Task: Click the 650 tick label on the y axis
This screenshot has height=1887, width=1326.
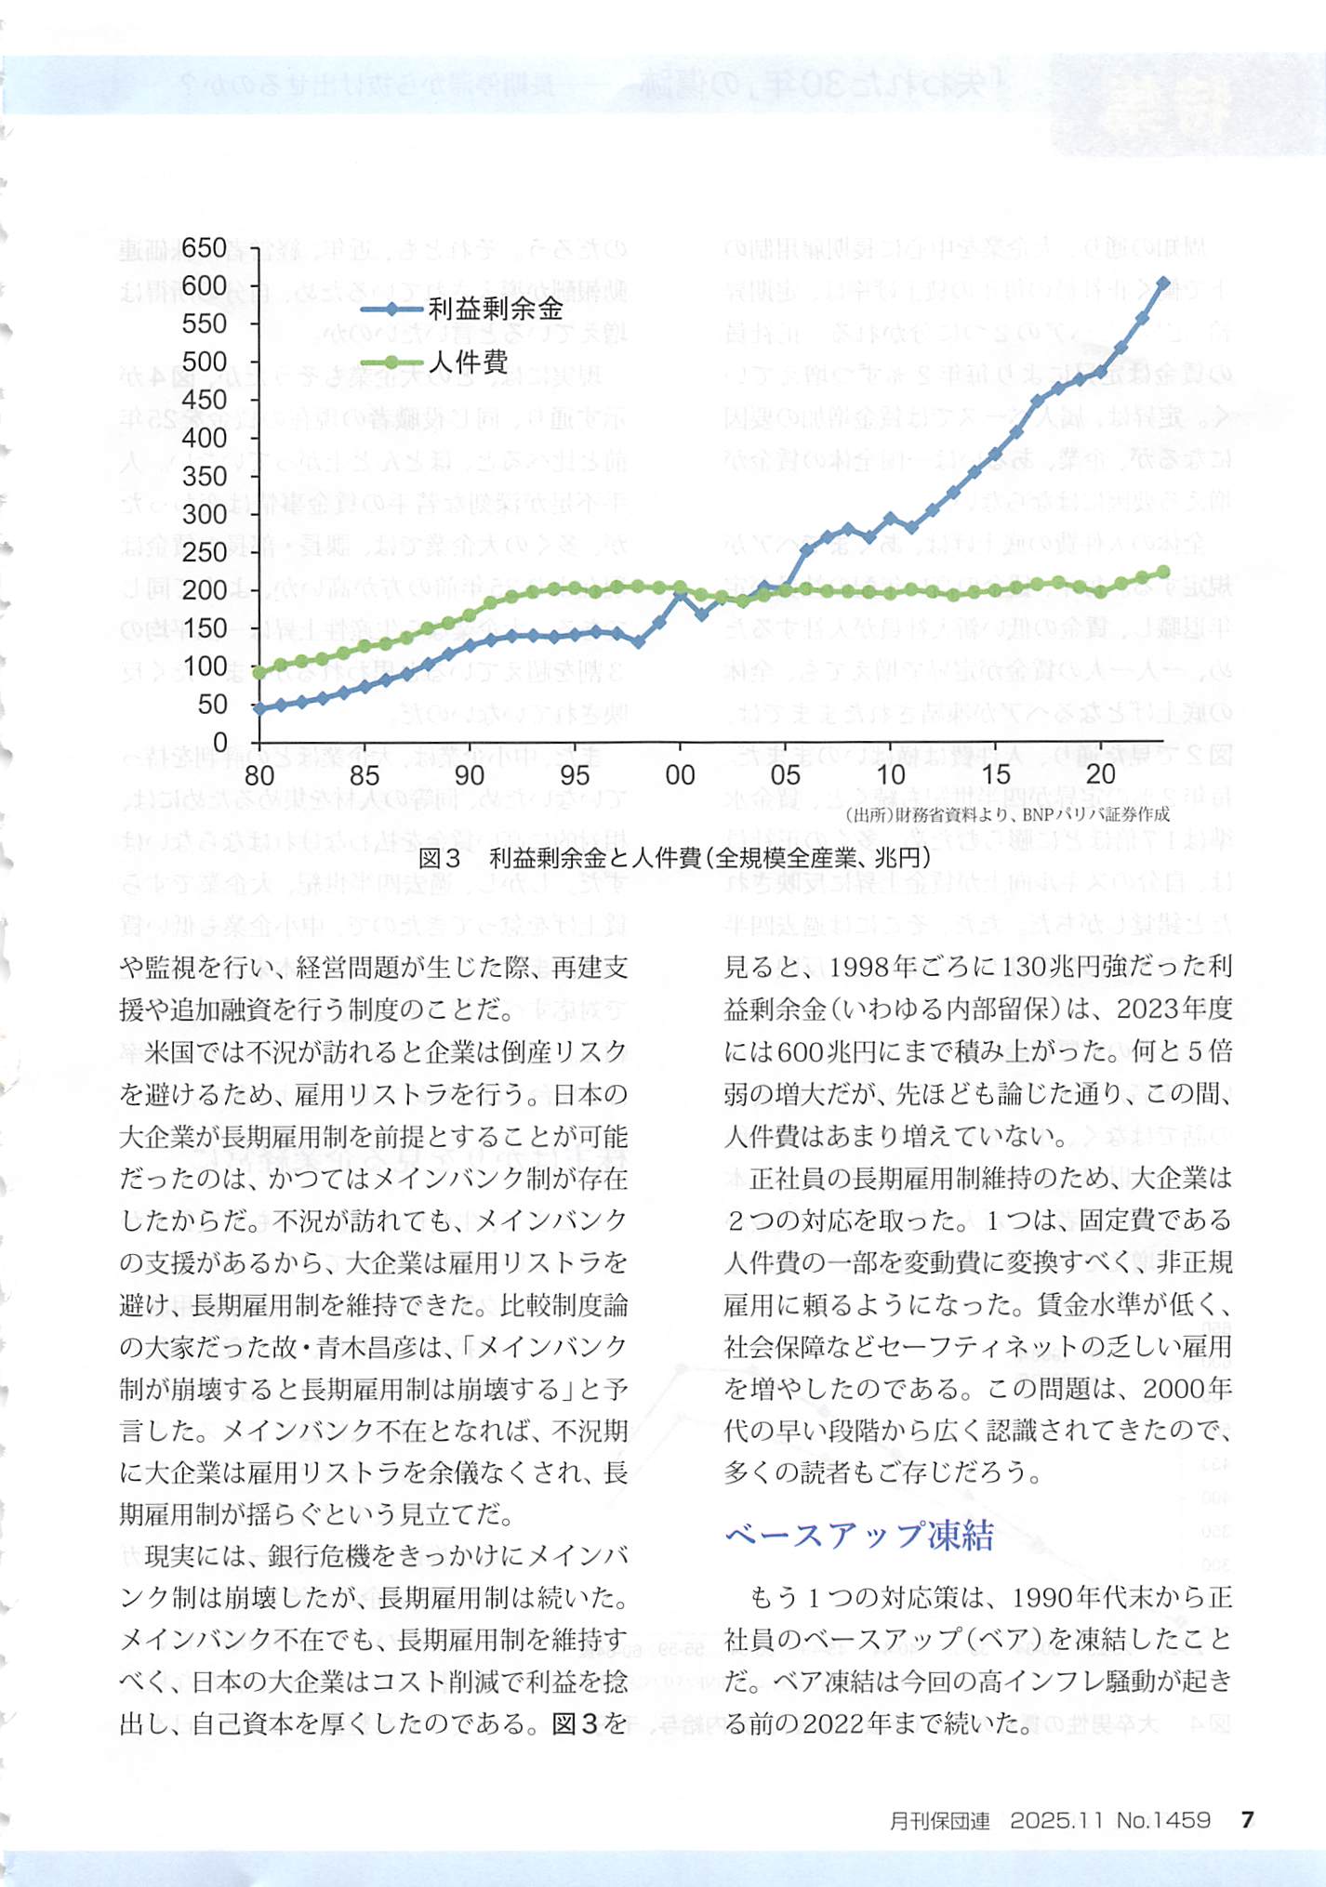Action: point(205,248)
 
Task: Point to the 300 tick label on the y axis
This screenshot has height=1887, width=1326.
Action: point(205,514)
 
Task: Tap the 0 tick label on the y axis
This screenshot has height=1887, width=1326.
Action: point(219,742)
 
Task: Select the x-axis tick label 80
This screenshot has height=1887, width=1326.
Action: point(259,775)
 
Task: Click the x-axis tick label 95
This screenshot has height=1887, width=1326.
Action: point(575,775)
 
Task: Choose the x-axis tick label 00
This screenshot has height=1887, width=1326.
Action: point(680,775)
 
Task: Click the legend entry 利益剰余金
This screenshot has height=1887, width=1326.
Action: point(496,309)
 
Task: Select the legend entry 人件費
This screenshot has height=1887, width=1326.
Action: point(468,361)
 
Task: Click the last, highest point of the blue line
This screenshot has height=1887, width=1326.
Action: point(1163,282)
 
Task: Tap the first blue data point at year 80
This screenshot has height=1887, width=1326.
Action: point(259,708)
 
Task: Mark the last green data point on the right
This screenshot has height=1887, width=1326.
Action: point(1163,573)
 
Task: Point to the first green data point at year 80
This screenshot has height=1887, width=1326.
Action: point(259,672)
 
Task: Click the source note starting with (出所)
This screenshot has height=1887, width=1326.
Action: point(1007,815)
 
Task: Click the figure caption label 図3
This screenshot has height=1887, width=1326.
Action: point(439,858)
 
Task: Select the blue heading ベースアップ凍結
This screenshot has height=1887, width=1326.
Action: point(858,1535)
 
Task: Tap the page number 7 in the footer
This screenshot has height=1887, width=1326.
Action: point(1248,1819)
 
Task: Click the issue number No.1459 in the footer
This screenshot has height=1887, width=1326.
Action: point(1163,1819)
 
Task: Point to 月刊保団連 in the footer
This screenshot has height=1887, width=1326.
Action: point(939,1820)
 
